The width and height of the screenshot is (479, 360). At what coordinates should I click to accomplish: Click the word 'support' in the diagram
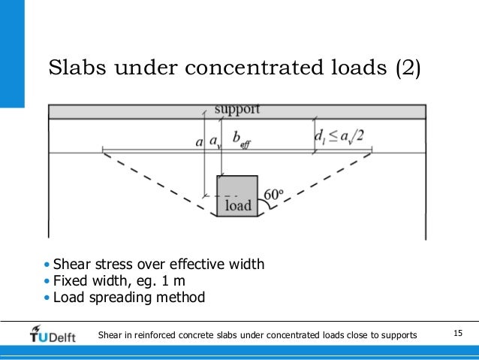[x=237, y=110]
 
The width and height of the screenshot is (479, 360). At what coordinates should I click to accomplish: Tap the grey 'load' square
[x=237, y=196]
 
